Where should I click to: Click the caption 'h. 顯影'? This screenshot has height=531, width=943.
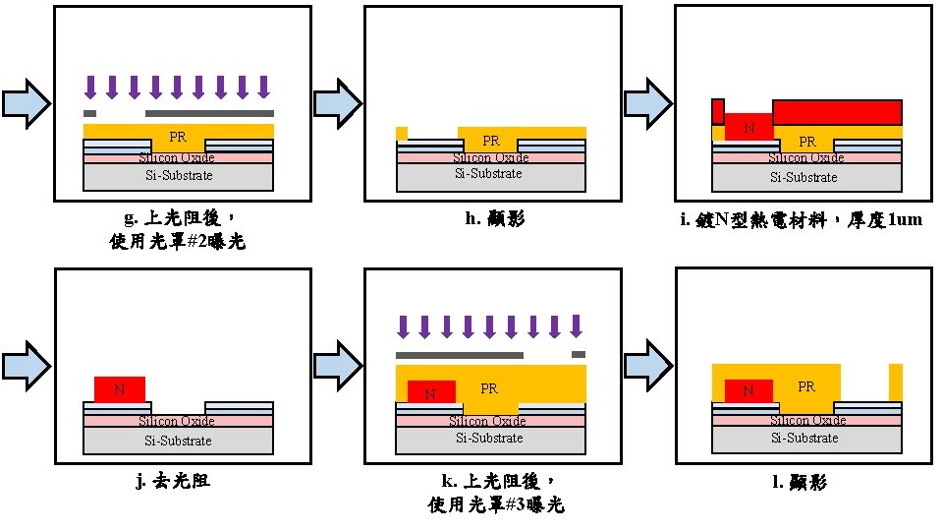click(494, 218)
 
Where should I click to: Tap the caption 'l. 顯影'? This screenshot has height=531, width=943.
click(806, 482)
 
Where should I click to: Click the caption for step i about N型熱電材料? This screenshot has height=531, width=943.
click(801, 219)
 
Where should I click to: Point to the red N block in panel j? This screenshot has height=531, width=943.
click(120, 389)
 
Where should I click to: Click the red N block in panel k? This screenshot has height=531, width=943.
click(431, 392)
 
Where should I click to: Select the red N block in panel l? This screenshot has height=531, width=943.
click(749, 390)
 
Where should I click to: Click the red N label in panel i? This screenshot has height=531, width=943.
click(749, 128)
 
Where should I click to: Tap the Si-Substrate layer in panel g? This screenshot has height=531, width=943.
click(178, 176)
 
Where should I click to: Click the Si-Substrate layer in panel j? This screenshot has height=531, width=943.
click(178, 440)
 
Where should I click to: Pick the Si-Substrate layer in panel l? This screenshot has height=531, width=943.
click(805, 438)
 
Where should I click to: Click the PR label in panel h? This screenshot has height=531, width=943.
click(491, 141)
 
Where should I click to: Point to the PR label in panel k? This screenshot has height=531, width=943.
click(489, 388)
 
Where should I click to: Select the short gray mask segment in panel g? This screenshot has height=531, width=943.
click(90, 113)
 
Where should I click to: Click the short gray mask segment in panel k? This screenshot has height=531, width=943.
click(579, 354)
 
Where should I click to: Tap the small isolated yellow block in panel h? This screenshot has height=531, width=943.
click(401, 133)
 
